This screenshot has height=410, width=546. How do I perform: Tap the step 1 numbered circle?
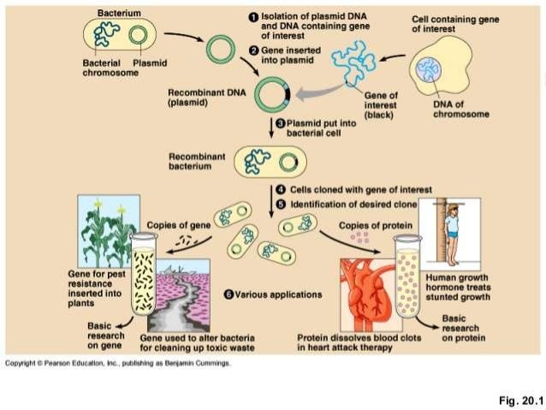click(x=253, y=17)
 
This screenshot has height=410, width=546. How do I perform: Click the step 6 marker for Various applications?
click(x=228, y=294)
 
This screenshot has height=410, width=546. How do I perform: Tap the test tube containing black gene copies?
click(x=143, y=276)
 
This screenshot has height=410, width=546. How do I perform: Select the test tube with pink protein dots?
click(x=407, y=276)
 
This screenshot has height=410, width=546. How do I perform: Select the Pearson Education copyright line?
click(x=117, y=364)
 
